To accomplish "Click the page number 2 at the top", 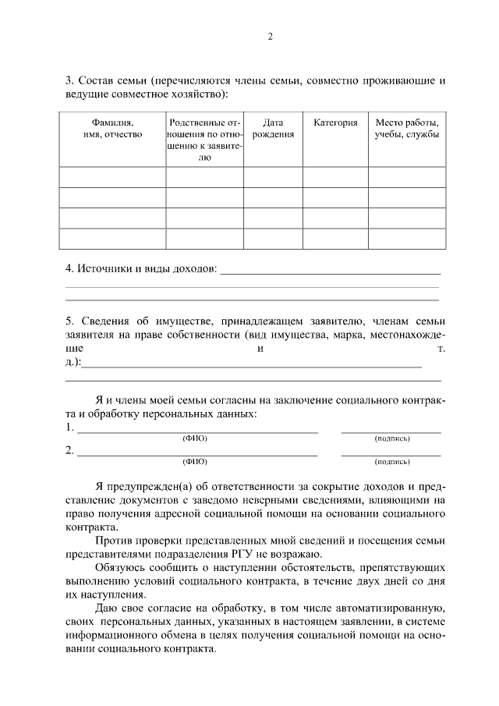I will (x=270, y=37).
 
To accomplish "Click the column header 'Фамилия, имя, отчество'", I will (x=112, y=129).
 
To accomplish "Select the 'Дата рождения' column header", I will (x=272, y=129).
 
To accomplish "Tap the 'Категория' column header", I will (x=335, y=123).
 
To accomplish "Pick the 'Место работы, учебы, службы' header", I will (x=406, y=129).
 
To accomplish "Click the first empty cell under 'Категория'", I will (x=335, y=177).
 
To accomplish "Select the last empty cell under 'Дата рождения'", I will (x=272, y=238).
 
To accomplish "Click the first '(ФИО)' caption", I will (x=195, y=438).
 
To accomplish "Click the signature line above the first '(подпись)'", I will (x=391, y=431).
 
